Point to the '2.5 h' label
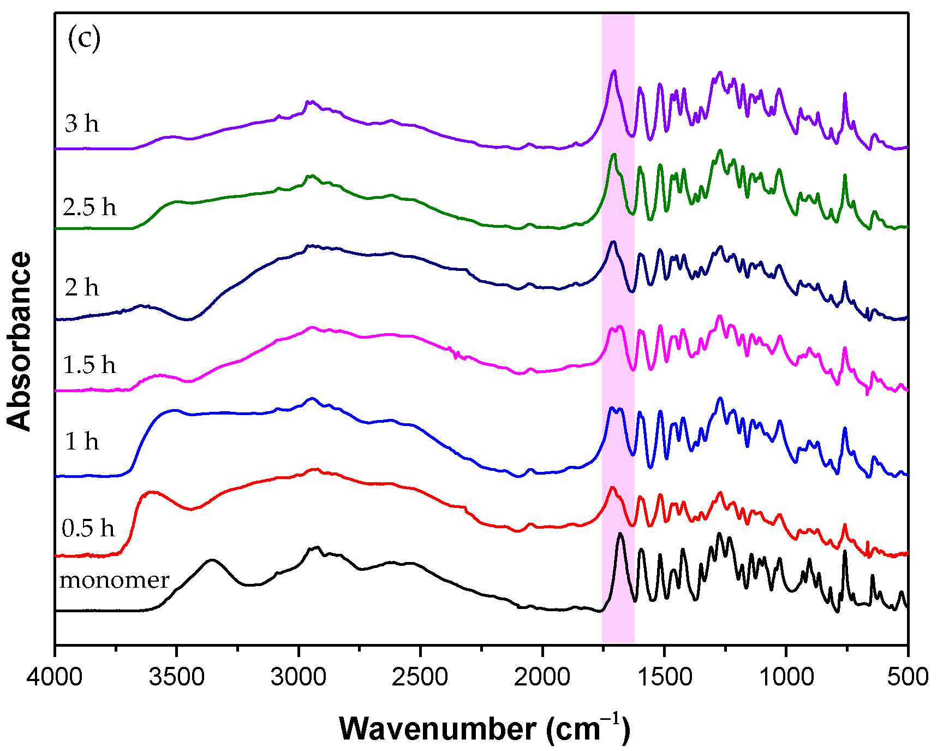tap(89, 207)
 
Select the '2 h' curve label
tap(82, 287)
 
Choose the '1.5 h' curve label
tap(89, 365)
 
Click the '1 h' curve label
tap(82, 441)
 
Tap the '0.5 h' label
tap(88, 528)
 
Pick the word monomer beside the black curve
tap(115, 580)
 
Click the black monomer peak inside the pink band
tap(620, 534)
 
